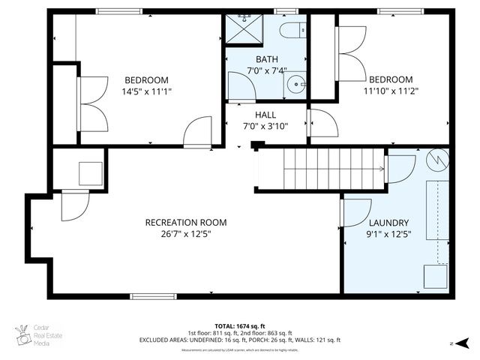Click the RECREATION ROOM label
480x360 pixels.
[185, 223]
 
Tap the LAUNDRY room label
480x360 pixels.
[388, 223]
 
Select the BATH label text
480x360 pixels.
[266, 59]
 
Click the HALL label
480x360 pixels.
[265, 115]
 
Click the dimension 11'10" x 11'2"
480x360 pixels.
[390, 91]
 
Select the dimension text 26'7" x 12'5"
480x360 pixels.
[185, 233]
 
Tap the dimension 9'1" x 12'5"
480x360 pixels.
[388, 233]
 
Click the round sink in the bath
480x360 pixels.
[298, 82]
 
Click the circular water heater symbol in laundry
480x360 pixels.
[437, 159]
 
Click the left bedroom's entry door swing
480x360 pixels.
[199, 132]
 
